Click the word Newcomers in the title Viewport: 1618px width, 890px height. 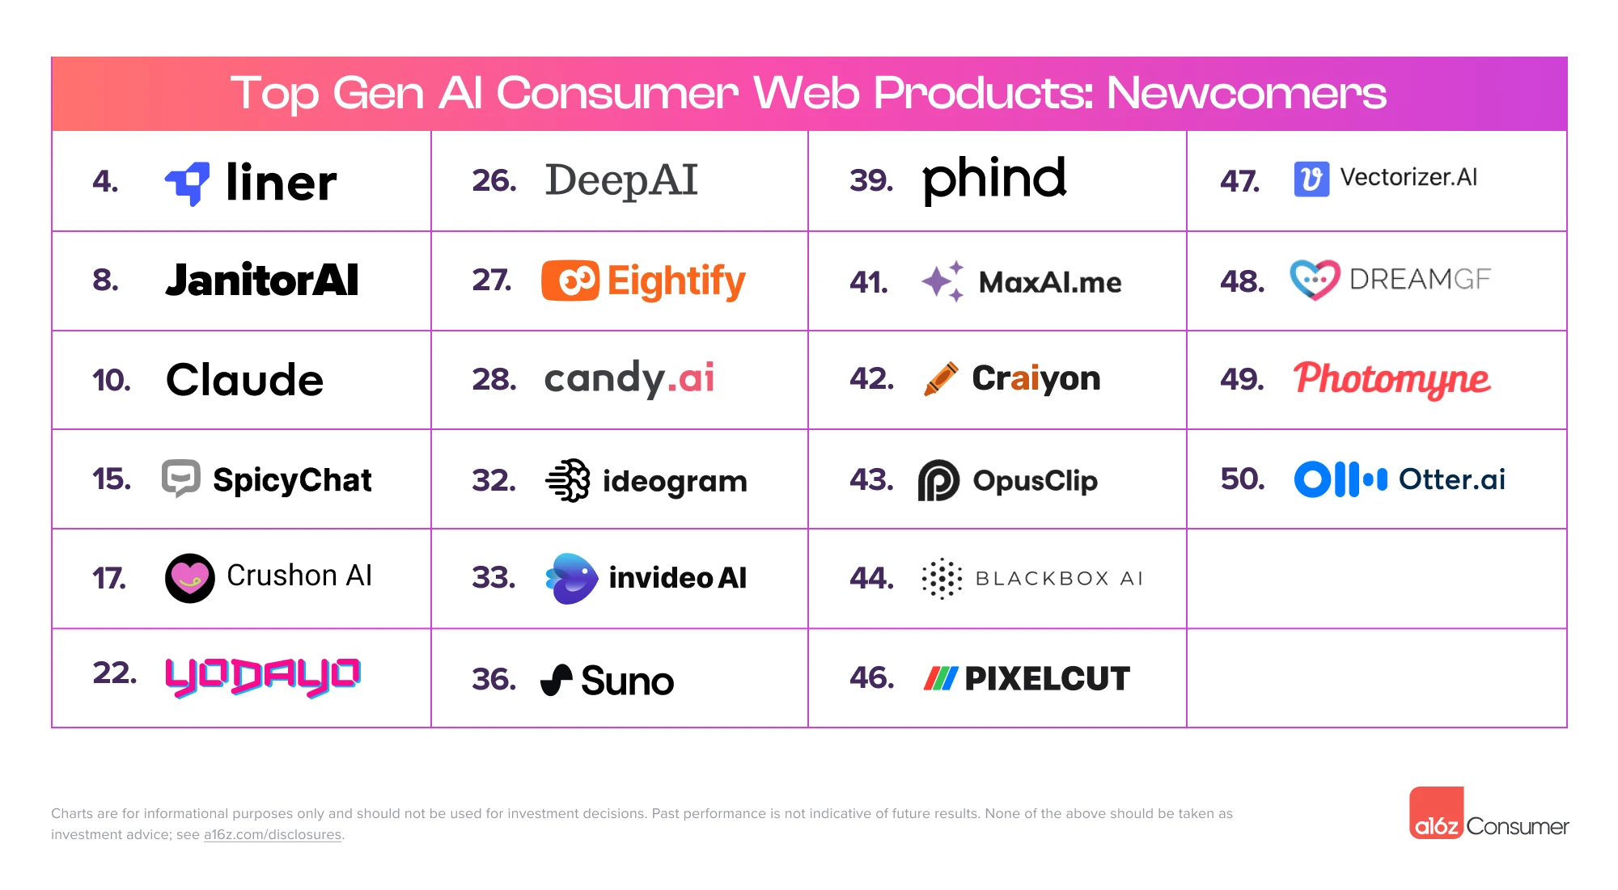pos(1246,93)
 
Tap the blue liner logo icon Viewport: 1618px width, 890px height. pos(188,183)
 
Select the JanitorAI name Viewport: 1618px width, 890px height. pos(261,280)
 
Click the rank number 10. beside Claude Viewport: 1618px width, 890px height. pos(112,380)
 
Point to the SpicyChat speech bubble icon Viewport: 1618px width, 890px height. pos(180,479)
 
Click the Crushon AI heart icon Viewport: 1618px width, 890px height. pos(190,578)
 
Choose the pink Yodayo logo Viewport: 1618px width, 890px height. pos(263,676)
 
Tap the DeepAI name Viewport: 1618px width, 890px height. pos(621,180)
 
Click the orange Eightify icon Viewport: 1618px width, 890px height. pos(570,280)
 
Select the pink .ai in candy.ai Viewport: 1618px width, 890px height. pos(692,378)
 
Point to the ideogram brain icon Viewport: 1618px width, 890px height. pos(568,480)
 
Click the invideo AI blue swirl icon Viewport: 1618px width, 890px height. pos(571,578)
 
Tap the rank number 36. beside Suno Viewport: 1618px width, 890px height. pos(493,679)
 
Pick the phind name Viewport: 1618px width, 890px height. pos(993,179)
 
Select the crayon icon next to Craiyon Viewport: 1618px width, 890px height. pos(941,378)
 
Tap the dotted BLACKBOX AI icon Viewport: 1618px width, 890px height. pos(942,579)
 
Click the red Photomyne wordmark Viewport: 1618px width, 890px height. pos(1391,379)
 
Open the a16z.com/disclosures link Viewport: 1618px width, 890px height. pos(273,835)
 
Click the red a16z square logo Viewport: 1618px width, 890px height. pos(1436,813)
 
